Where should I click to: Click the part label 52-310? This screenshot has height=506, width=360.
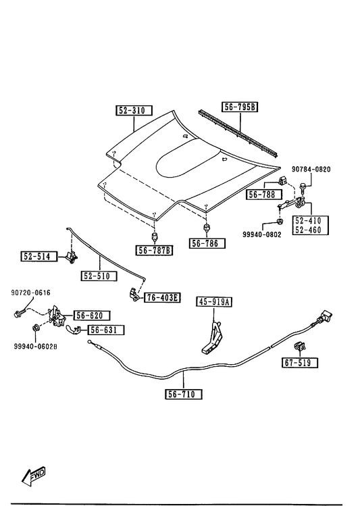pos(134,110)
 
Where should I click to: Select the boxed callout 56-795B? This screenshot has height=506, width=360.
pos(239,107)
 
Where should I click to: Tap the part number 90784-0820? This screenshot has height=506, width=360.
pos(311,169)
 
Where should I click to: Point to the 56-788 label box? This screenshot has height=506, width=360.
pos(264,195)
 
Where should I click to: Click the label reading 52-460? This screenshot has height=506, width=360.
pos(308,230)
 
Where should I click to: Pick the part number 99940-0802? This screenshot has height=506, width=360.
pos(262,234)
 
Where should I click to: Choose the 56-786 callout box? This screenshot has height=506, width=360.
pos(207,243)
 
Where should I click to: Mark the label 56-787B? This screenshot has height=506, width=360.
pos(154,250)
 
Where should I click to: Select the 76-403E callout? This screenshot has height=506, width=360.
pos(162,297)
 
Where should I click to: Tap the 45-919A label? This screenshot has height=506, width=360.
pos(214,302)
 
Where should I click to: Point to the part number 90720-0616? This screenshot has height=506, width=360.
pos(30,293)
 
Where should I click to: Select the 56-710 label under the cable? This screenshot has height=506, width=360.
pos(184,394)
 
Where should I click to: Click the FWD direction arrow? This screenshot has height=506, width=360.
pos(34,477)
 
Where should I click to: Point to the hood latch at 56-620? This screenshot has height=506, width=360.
pos(57,316)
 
